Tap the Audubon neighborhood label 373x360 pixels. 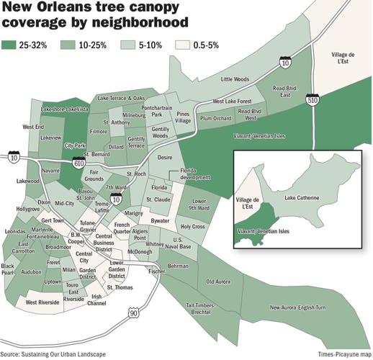pyautogui.click(x=31, y=273)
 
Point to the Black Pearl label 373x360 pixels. pyautogui.click(x=8, y=269)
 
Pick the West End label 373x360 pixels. pyautogui.click(x=33, y=127)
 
